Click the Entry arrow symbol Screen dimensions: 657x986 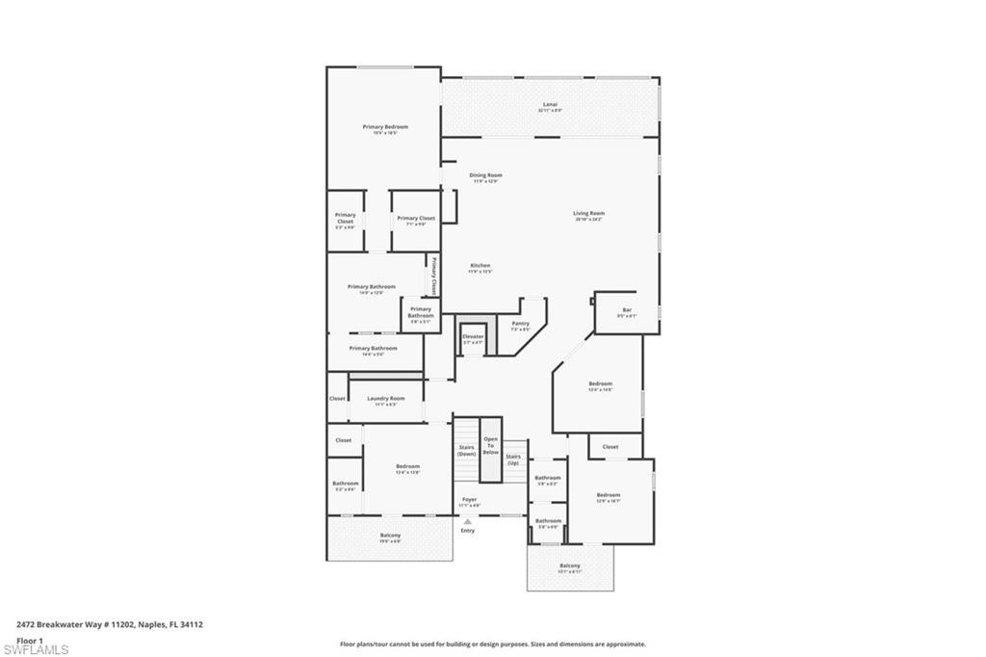point(468,521)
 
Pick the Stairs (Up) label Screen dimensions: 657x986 point(513,459)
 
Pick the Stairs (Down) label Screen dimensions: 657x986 point(466,450)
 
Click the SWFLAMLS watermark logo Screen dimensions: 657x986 point(35,649)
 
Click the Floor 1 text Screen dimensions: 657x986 point(30,640)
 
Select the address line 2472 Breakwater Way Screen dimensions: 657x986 point(109,624)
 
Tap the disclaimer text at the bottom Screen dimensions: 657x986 point(492,644)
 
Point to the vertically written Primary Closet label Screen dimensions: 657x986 point(433,275)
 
